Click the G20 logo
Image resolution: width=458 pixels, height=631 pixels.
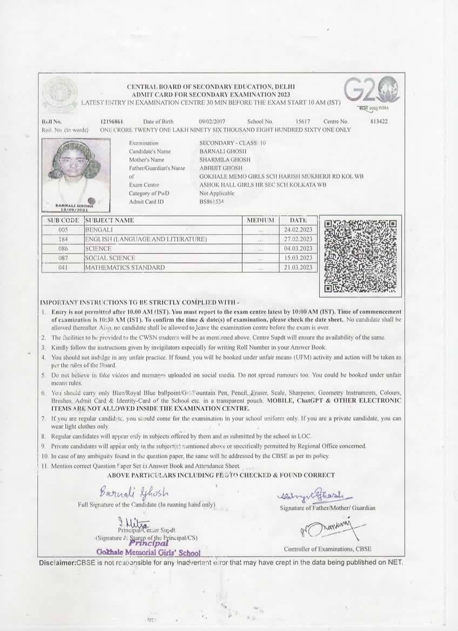pos(372,92)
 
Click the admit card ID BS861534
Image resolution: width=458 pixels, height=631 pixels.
pos(212,202)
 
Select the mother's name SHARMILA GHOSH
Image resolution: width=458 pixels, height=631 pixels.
pos(221,160)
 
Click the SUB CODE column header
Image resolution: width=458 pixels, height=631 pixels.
pos(63,220)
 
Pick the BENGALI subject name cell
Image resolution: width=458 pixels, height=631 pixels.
pos(99,230)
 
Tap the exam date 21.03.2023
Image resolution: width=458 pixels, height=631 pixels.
pos(298,267)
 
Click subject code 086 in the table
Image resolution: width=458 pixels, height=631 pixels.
pos(63,249)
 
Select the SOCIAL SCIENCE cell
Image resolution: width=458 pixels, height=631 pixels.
pos(110,258)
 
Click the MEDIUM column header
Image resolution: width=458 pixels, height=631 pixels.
pos(260,220)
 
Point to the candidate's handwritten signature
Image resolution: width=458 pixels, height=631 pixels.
pos(134,493)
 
